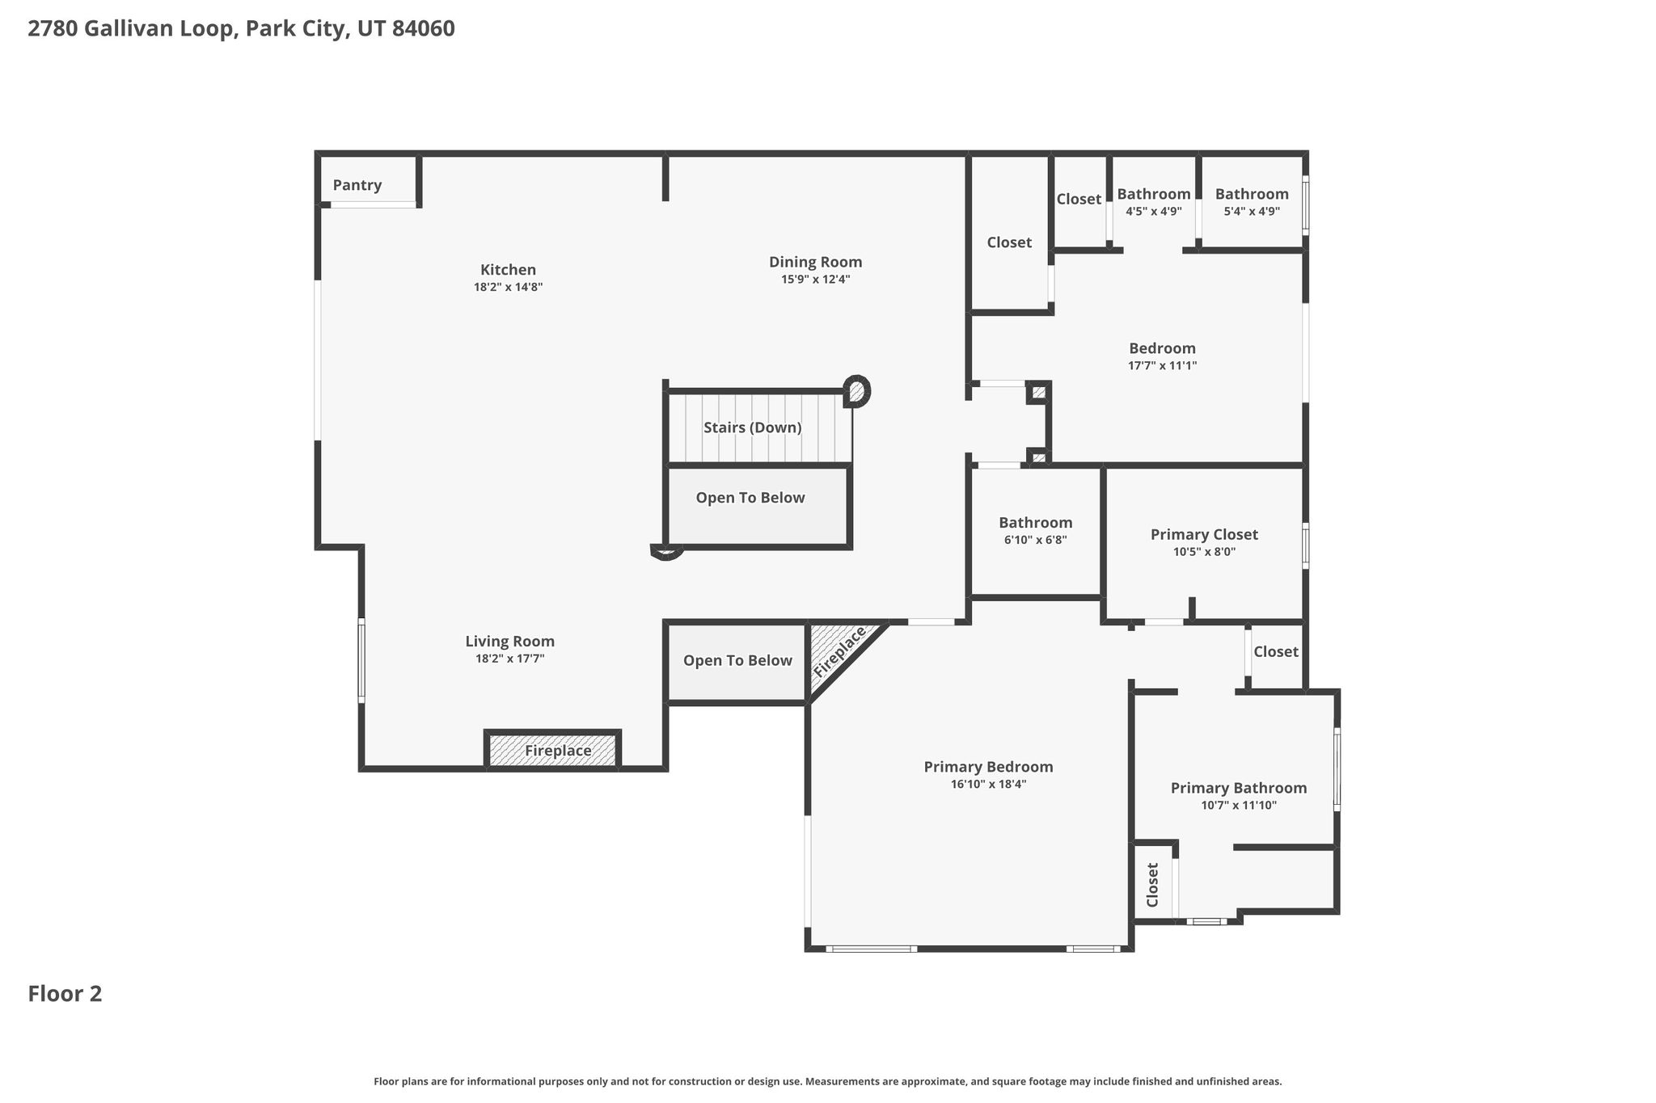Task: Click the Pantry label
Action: pyautogui.click(x=357, y=185)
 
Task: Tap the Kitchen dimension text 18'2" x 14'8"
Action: pyautogui.click(x=508, y=287)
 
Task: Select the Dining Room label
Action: pyautogui.click(x=815, y=262)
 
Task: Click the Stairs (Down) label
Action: pyautogui.click(x=752, y=427)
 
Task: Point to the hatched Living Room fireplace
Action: pyautogui.click(x=553, y=750)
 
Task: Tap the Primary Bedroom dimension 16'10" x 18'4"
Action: pyautogui.click(x=988, y=784)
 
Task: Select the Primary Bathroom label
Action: pyautogui.click(x=1238, y=788)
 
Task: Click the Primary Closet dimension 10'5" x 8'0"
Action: pyautogui.click(x=1204, y=552)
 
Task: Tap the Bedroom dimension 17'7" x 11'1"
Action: pyautogui.click(x=1162, y=365)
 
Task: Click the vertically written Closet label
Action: pyautogui.click(x=1152, y=884)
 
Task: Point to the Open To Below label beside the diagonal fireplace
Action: pyautogui.click(x=737, y=661)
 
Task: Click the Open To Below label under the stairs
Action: pyautogui.click(x=750, y=498)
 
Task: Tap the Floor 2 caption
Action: pyautogui.click(x=65, y=993)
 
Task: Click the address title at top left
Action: pyautogui.click(x=241, y=29)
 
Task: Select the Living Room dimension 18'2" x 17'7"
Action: pyautogui.click(x=509, y=659)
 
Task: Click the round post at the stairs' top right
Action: pyautogui.click(x=856, y=391)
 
